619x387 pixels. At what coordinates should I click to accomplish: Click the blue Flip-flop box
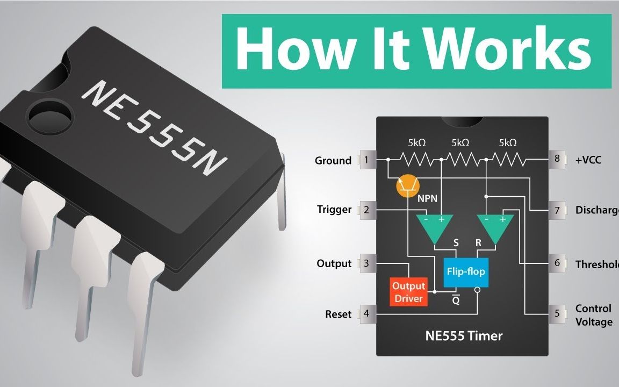pyautogui.click(x=465, y=271)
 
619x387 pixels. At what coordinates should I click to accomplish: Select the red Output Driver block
pyautogui.click(x=409, y=292)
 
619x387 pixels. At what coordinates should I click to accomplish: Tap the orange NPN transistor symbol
pyautogui.click(x=408, y=186)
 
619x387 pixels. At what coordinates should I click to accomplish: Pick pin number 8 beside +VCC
pyautogui.click(x=557, y=160)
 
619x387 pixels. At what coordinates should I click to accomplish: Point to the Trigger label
pyautogui.click(x=334, y=210)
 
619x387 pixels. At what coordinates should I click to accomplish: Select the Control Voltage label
pyautogui.click(x=593, y=315)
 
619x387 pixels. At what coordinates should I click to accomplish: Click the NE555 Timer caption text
pyautogui.click(x=464, y=336)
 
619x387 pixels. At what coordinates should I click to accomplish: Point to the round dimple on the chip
pyautogui.click(x=50, y=114)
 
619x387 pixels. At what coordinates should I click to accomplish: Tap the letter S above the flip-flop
pyautogui.click(x=456, y=243)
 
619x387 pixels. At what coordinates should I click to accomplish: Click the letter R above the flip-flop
pyautogui.click(x=478, y=243)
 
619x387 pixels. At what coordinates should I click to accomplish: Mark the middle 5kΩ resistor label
pyautogui.click(x=460, y=143)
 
